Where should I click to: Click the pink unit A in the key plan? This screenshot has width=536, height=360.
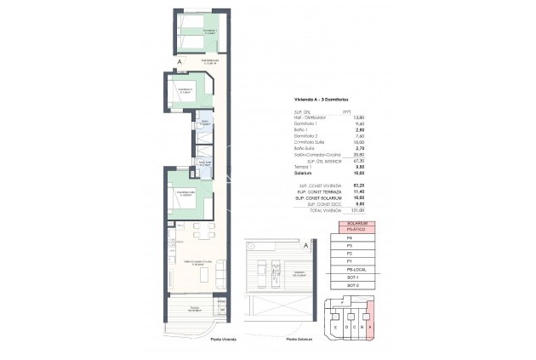click(x=372, y=327)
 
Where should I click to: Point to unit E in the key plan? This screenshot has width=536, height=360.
click(x=337, y=327)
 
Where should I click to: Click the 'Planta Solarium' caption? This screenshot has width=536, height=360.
click(x=301, y=340)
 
